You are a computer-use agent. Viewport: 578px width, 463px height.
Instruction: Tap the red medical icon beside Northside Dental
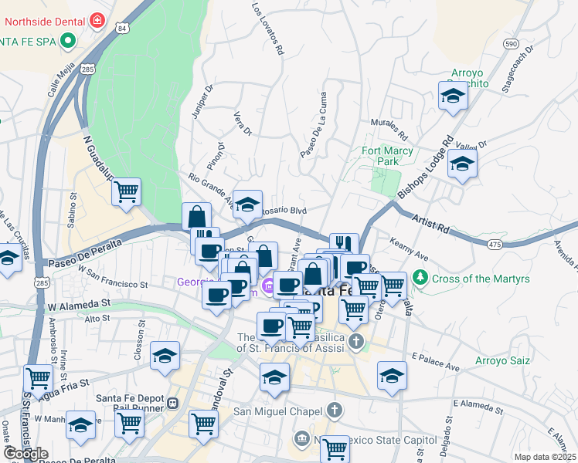tap(97, 20)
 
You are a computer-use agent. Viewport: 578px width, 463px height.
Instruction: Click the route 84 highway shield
tap(121, 29)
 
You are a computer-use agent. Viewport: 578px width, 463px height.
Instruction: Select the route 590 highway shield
tap(511, 44)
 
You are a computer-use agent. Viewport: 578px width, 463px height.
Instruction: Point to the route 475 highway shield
tap(496, 244)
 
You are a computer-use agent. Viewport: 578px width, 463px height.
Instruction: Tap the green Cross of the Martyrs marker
tap(420, 276)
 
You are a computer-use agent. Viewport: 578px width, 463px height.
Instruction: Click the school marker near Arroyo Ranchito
tap(452, 96)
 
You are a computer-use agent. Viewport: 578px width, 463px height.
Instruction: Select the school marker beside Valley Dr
tap(462, 164)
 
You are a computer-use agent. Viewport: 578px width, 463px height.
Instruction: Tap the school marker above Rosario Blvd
tap(247, 204)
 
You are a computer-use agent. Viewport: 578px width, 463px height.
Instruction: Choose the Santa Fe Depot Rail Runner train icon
tap(172, 403)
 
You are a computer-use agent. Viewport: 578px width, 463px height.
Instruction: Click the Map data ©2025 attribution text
tap(545, 457)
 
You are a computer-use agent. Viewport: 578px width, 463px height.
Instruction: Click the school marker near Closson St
tap(165, 355)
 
